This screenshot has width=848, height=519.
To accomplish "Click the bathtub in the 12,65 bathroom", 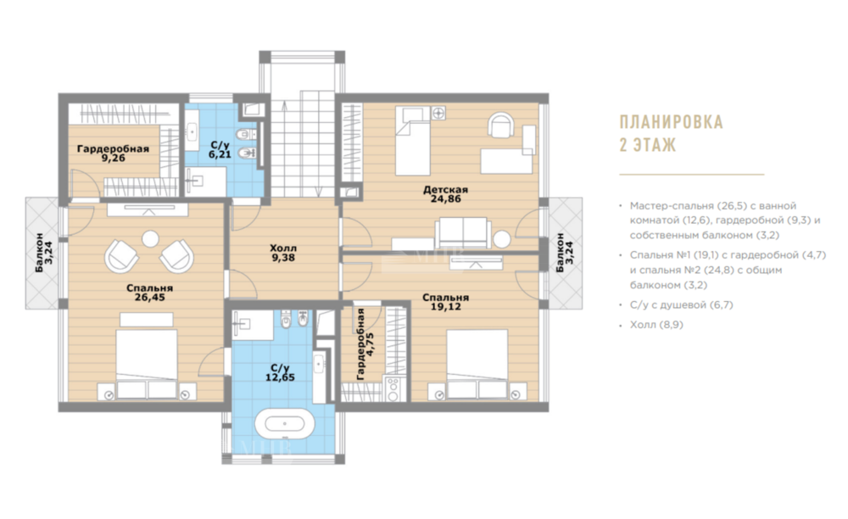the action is (284, 423).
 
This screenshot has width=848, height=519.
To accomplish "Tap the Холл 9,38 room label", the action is (283, 253).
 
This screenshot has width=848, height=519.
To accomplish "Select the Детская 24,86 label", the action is (446, 194).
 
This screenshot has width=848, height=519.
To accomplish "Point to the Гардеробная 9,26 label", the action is (113, 153).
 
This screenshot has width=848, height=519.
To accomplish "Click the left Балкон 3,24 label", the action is (44, 253).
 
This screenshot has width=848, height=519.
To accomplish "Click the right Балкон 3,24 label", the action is (565, 253).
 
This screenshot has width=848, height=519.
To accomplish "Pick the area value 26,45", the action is (151, 298).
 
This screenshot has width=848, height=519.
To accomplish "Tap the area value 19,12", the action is (446, 306).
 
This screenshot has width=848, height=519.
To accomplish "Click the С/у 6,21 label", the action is (220, 150).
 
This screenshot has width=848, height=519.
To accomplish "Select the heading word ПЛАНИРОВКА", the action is (671, 122).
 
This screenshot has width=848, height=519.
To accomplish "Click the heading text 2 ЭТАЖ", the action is (648, 145).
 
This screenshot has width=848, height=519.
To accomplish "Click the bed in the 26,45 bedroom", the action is (147, 355).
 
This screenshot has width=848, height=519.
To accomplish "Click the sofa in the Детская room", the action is (463, 233).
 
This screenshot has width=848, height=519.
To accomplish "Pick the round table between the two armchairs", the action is (150, 238).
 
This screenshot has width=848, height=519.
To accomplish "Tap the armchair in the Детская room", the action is (501, 125).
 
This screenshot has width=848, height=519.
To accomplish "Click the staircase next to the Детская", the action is (302, 144).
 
